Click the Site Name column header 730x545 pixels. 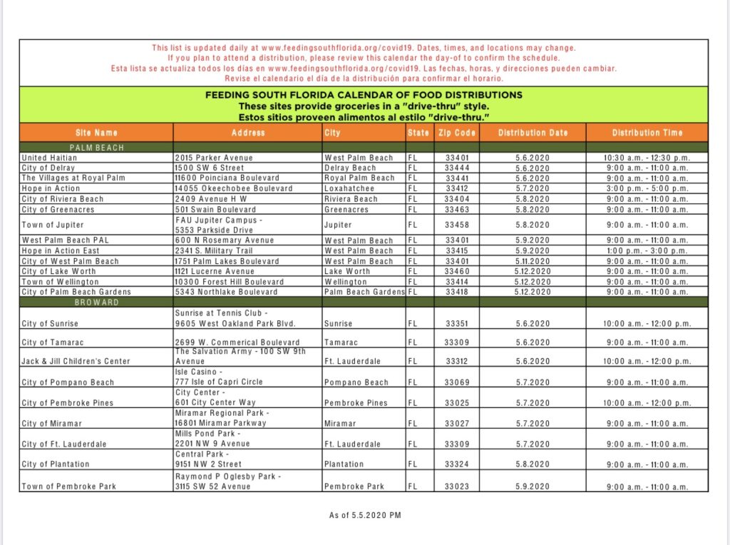(x=96, y=133)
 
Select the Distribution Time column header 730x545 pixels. (x=647, y=133)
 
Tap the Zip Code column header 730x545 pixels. (x=457, y=133)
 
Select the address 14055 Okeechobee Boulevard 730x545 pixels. (x=234, y=188)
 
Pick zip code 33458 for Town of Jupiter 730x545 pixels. (x=457, y=225)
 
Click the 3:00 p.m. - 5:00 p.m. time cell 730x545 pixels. (x=647, y=188)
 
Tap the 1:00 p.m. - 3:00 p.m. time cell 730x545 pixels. (x=647, y=251)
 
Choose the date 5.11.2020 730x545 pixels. (x=533, y=261)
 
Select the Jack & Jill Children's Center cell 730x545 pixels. (x=76, y=361)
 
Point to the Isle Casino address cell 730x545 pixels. (x=219, y=377)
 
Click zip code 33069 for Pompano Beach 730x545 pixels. (x=457, y=382)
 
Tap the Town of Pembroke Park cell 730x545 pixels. (x=69, y=487)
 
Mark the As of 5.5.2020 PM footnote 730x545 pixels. (x=364, y=515)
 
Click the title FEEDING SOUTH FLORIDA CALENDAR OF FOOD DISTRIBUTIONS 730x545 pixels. (x=364, y=95)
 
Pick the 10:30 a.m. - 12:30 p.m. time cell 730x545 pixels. (x=647, y=158)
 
